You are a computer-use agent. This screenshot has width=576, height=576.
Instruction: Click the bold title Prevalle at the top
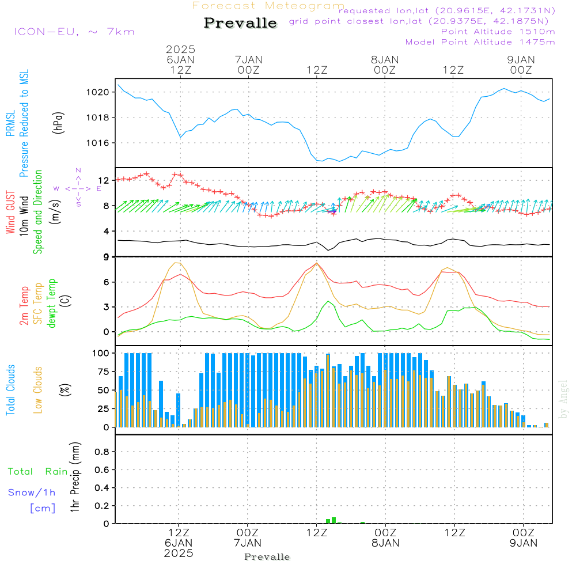240,23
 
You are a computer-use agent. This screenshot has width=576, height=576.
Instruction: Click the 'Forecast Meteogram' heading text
268,6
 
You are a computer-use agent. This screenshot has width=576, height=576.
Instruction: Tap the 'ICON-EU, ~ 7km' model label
74,32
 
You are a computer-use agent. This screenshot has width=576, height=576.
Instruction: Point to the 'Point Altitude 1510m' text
498,32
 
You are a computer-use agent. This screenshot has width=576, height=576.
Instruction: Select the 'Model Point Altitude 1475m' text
480,42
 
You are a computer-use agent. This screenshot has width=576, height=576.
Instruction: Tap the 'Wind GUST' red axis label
11,213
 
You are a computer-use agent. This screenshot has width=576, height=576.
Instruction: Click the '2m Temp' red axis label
25,305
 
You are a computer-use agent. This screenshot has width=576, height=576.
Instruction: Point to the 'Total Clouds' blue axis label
11,390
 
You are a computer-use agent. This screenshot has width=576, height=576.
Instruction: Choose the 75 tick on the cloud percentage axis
104,372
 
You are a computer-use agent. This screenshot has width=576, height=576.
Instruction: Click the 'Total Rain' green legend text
38,472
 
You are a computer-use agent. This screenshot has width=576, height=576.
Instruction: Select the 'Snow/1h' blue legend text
32,493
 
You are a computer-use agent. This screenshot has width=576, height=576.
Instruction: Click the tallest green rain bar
334,520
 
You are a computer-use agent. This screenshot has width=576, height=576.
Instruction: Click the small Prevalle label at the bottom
267,557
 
